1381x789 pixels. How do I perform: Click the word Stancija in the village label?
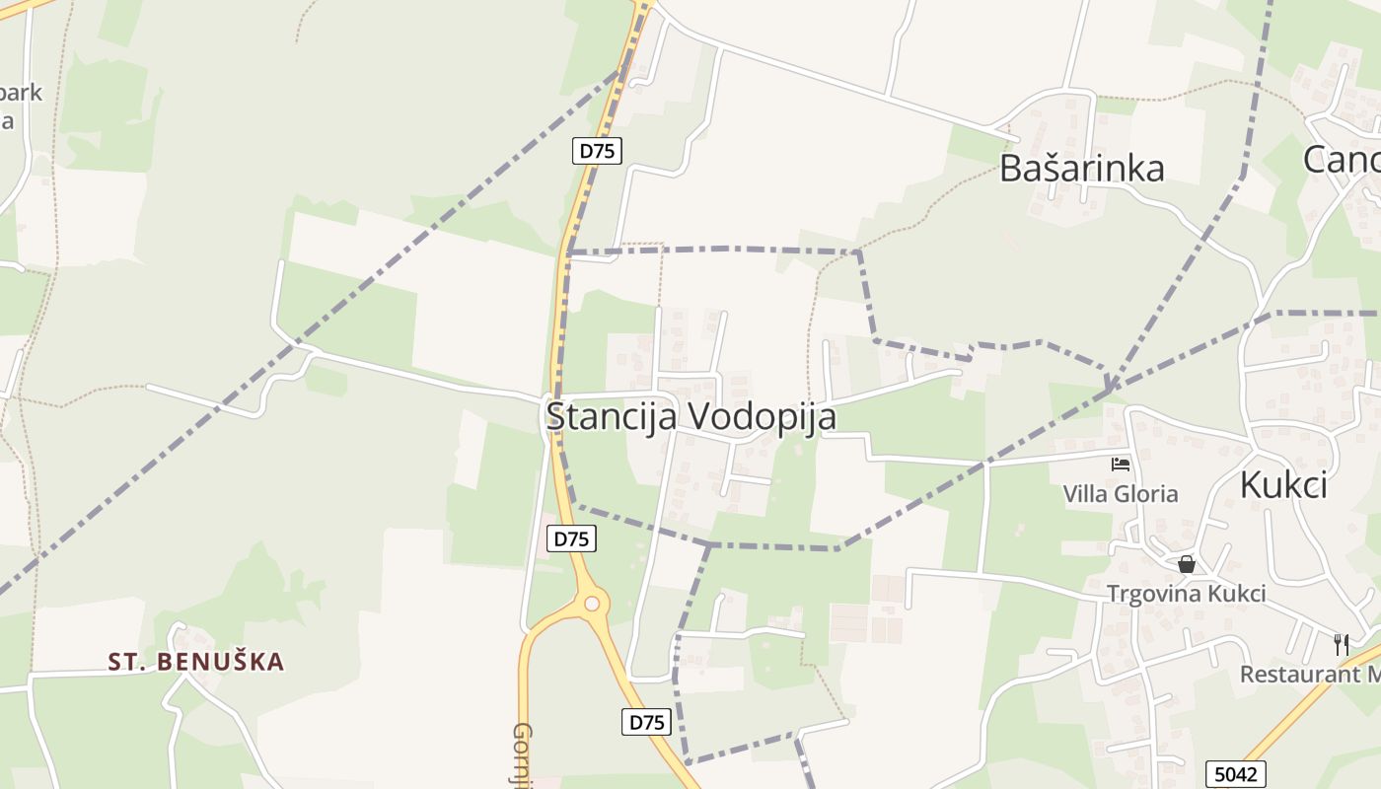(612, 416)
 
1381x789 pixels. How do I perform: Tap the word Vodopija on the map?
(761, 416)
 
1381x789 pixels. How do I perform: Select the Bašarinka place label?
(1081, 169)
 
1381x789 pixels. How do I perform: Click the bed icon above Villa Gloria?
(1121, 464)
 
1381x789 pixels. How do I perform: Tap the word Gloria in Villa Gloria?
(1146, 493)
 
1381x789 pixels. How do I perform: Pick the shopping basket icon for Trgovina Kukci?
(1187, 564)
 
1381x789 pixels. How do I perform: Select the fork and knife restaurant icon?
(1342, 644)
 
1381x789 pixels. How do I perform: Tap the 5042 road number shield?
(1235, 774)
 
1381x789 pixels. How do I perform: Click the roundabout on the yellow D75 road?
(590, 603)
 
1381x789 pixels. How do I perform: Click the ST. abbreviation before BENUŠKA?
(127, 662)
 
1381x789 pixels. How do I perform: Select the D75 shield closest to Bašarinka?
(597, 151)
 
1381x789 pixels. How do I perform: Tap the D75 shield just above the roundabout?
(571, 538)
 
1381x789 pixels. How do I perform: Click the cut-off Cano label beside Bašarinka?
(1342, 159)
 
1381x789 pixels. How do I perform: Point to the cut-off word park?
(21, 93)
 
